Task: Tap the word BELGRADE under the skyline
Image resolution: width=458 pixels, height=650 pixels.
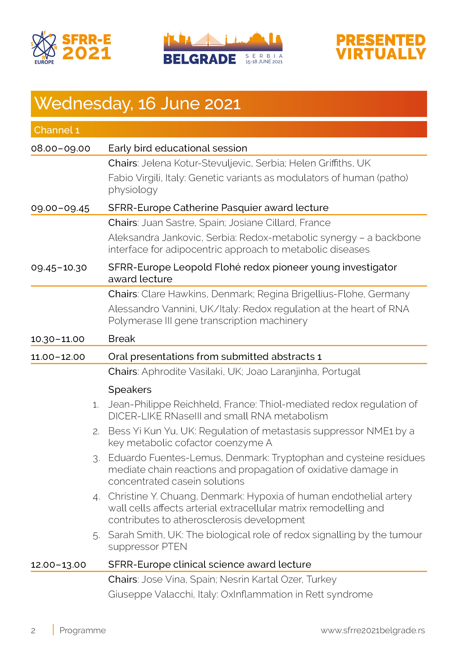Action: pyautogui.click(x=200, y=59)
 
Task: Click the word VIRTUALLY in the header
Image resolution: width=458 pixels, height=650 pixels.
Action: pyautogui.click(x=381, y=54)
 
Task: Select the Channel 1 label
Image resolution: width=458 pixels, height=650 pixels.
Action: pyautogui.click(x=57, y=130)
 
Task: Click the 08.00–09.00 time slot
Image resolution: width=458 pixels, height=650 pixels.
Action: pyautogui.click(x=61, y=148)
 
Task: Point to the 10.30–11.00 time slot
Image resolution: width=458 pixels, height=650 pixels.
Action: pyautogui.click(x=58, y=339)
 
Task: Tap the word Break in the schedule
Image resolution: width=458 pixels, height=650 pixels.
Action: pyautogui.click(x=122, y=339)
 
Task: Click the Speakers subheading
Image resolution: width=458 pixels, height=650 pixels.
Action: pyautogui.click(x=130, y=389)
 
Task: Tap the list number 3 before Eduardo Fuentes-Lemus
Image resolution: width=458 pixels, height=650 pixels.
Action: pyautogui.click(x=96, y=459)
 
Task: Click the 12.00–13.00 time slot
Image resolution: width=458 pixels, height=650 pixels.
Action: pyautogui.click(x=58, y=565)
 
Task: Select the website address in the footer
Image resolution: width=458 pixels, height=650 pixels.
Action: pyautogui.click(x=373, y=630)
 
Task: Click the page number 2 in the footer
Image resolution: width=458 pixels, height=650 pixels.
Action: pyautogui.click(x=33, y=631)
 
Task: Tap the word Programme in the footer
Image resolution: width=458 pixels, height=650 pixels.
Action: pyautogui.click(x=82, y=630)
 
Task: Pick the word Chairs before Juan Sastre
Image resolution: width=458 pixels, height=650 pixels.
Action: pyautogui.click(x=123, y=223)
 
